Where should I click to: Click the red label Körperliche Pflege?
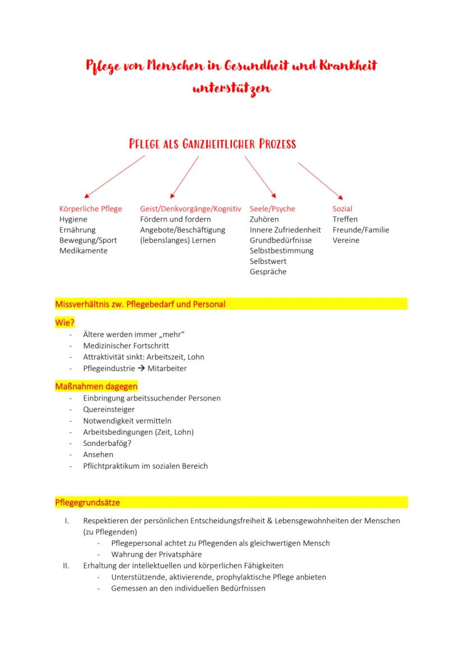click(90, 209)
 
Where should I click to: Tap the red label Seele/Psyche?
click(272, 209)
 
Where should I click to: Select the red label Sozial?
click(342, 209)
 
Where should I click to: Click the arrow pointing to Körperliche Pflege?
click(113, 176)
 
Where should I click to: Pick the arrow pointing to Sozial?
click(320, 180)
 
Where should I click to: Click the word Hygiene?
click(73, 220)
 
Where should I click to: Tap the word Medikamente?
click(83, 251)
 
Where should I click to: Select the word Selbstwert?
click(268, 262)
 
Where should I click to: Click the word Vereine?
click(346, 240)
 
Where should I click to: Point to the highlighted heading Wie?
click(65, 322)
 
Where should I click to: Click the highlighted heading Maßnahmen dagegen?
click(96, 387)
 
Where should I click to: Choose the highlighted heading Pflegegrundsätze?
click(87, 503)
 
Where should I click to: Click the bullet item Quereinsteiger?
click(109, 410)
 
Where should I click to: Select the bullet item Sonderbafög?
click(108, 443)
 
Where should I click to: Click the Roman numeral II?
click(66, 566)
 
